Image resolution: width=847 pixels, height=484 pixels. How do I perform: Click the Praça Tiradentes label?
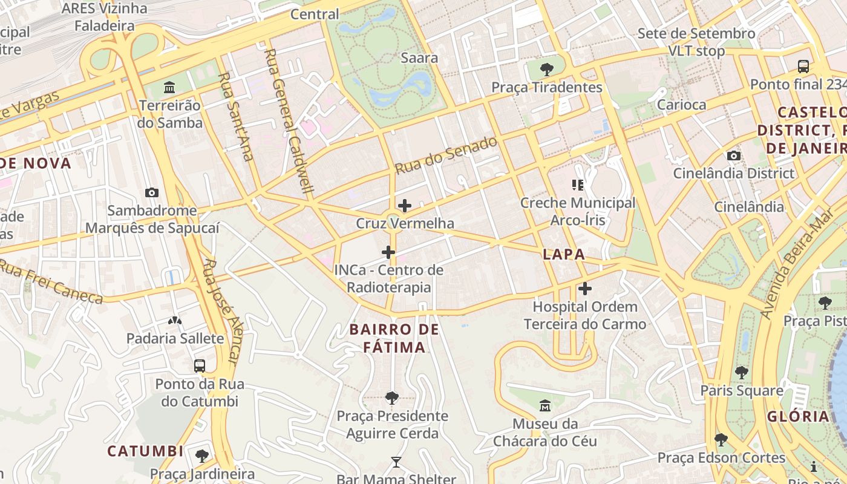546,87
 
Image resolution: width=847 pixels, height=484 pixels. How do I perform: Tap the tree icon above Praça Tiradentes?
546,69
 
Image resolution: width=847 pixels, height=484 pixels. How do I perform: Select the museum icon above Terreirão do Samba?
169,88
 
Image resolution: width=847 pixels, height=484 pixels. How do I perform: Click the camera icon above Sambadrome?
152,193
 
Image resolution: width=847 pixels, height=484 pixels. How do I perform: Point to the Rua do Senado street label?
446,155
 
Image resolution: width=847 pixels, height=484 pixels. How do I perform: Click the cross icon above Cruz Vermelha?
405,206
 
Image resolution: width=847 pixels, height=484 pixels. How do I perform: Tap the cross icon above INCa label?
388,252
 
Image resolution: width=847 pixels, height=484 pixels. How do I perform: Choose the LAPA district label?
564,255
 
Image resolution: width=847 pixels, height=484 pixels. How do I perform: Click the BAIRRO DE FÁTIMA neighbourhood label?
394,338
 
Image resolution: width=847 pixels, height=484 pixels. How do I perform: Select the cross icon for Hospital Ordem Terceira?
585,289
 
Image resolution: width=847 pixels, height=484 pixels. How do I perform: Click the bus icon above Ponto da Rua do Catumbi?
200,366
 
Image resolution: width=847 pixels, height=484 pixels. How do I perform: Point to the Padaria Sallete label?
175,338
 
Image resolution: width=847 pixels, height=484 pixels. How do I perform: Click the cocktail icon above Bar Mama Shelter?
396,462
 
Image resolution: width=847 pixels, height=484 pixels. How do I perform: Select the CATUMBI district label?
145,451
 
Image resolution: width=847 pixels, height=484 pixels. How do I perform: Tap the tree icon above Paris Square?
741,373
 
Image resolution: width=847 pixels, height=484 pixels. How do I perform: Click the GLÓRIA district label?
798,416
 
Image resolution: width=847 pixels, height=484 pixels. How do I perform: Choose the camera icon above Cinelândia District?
734,156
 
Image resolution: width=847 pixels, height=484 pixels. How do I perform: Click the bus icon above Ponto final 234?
803,67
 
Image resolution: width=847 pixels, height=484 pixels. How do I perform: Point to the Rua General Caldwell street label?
289,121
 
